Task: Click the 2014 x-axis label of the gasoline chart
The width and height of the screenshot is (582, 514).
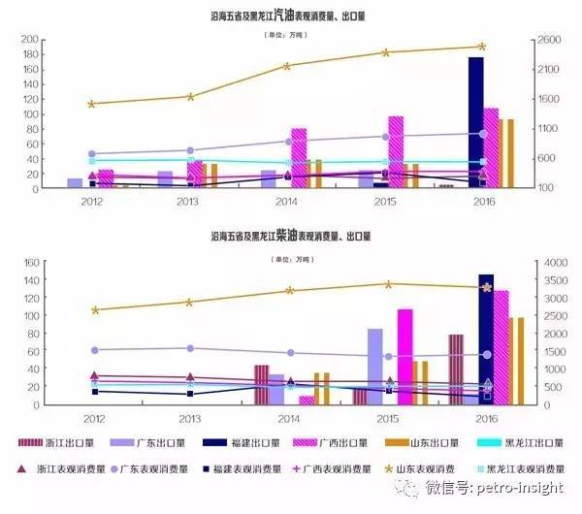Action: click(x=287, y=201)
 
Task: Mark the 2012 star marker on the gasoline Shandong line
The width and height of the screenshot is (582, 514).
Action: click(x=92, y=104)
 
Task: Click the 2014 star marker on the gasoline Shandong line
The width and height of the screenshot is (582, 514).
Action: click(x=287, y=66)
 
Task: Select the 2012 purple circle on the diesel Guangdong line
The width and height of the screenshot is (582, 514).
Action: click(x=93, y=350)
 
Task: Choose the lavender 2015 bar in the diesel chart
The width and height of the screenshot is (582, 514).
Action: click(x=374, y=367)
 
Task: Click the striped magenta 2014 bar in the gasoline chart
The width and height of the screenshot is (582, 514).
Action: click(x=299, y=157)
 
